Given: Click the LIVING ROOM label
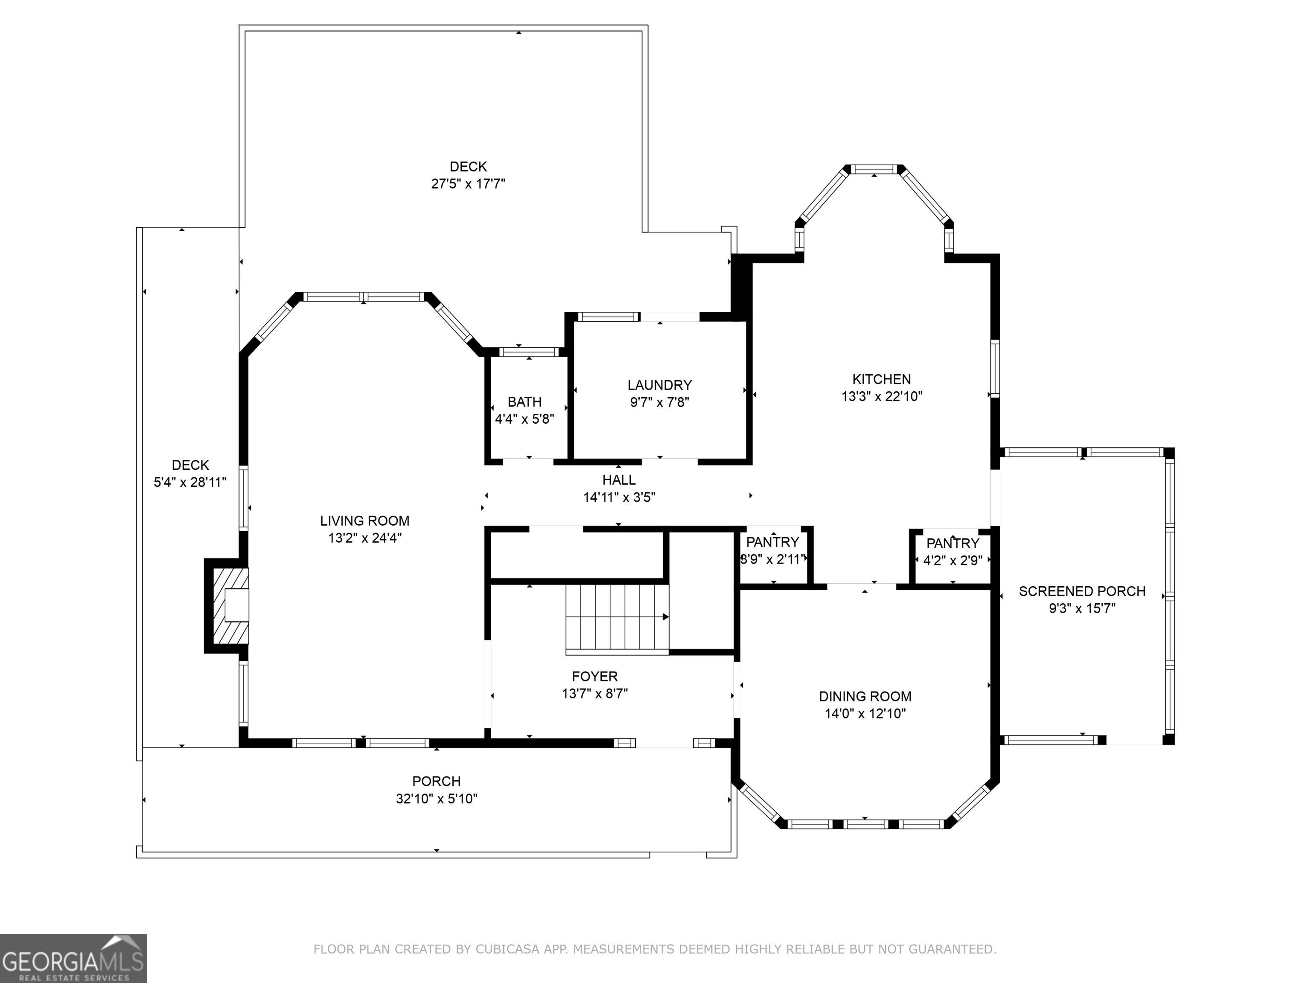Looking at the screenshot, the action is [364, 521].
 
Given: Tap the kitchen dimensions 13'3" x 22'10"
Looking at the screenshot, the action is [882, 396].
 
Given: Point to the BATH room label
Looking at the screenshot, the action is [524, 402].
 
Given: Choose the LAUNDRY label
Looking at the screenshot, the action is [660, 385].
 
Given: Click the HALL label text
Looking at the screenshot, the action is [619, 480].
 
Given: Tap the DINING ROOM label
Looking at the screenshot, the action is [865, 696].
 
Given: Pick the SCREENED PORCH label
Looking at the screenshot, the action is [1082, 591].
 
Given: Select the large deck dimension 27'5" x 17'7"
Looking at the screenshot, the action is [468, 184].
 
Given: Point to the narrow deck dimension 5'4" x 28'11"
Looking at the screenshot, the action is [190, 482].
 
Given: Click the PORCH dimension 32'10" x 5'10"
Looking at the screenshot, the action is [437, 799].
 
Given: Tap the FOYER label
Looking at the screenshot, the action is [595, 676].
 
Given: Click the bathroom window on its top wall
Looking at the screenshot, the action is [529, 352].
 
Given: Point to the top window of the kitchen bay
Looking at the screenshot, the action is [875, 169].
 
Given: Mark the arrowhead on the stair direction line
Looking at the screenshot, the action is [666, 617].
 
